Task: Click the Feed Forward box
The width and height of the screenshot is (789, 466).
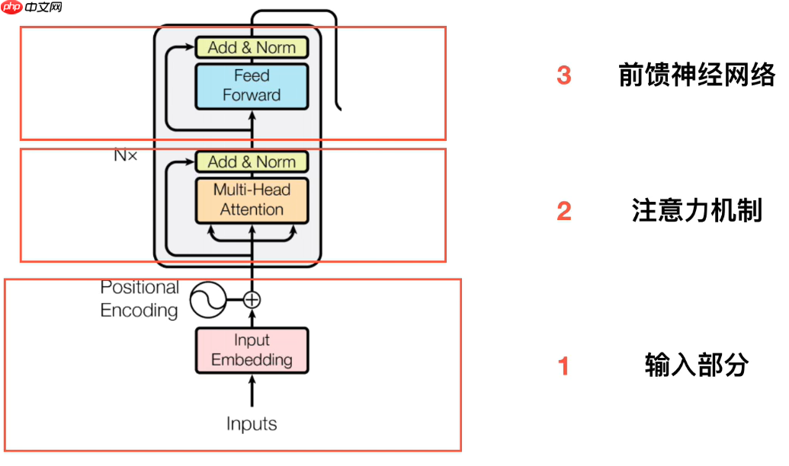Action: (252, 85)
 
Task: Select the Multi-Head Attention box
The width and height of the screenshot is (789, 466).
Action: (252, 199)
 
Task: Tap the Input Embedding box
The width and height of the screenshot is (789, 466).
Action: (252, 350)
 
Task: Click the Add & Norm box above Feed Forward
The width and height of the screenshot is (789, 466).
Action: (252, 47)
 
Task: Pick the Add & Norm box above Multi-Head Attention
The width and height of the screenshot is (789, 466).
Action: (252, 161)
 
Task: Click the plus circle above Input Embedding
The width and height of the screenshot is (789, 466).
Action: (252, 299)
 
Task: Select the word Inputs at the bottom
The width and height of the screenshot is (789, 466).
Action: (252, 424)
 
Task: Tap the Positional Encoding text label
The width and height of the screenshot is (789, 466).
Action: (140, 298)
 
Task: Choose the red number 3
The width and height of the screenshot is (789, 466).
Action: (564, 75)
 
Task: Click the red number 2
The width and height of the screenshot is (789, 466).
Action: (564, 211)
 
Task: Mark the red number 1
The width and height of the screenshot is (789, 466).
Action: (564, 366)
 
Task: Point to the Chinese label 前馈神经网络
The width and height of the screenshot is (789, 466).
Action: (697, 75)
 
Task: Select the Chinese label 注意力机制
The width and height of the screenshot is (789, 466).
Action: (697, 211)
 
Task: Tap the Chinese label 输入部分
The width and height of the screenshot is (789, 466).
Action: (697, 365)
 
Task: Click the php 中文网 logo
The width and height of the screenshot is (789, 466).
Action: (32, 8)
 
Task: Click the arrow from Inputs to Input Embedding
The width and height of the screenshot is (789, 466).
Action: (252, 392)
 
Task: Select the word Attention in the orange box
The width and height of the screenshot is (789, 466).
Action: (252, 209)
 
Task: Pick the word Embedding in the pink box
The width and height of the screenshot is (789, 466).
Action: (252, 359)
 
